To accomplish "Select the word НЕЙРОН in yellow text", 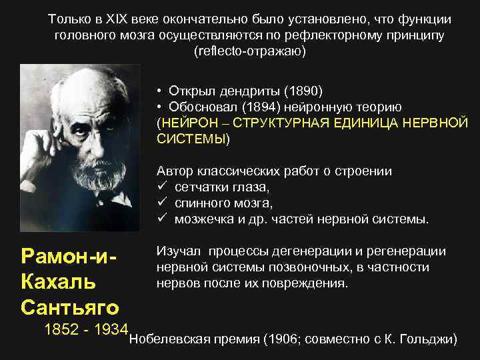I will click(x=187, y=123).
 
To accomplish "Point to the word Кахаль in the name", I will click(x=59, y=281).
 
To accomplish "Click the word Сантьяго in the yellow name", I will click(x=70, y=307).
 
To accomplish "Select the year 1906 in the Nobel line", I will click(x=280, y=339).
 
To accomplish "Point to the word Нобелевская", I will click(x=170, y=339).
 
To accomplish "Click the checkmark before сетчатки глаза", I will click(x=161, y=187).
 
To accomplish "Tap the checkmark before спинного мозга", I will click(x=161, y=203).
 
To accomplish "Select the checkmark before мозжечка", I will click(x=161, y=219).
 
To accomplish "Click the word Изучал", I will click(x=178, y=251).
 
